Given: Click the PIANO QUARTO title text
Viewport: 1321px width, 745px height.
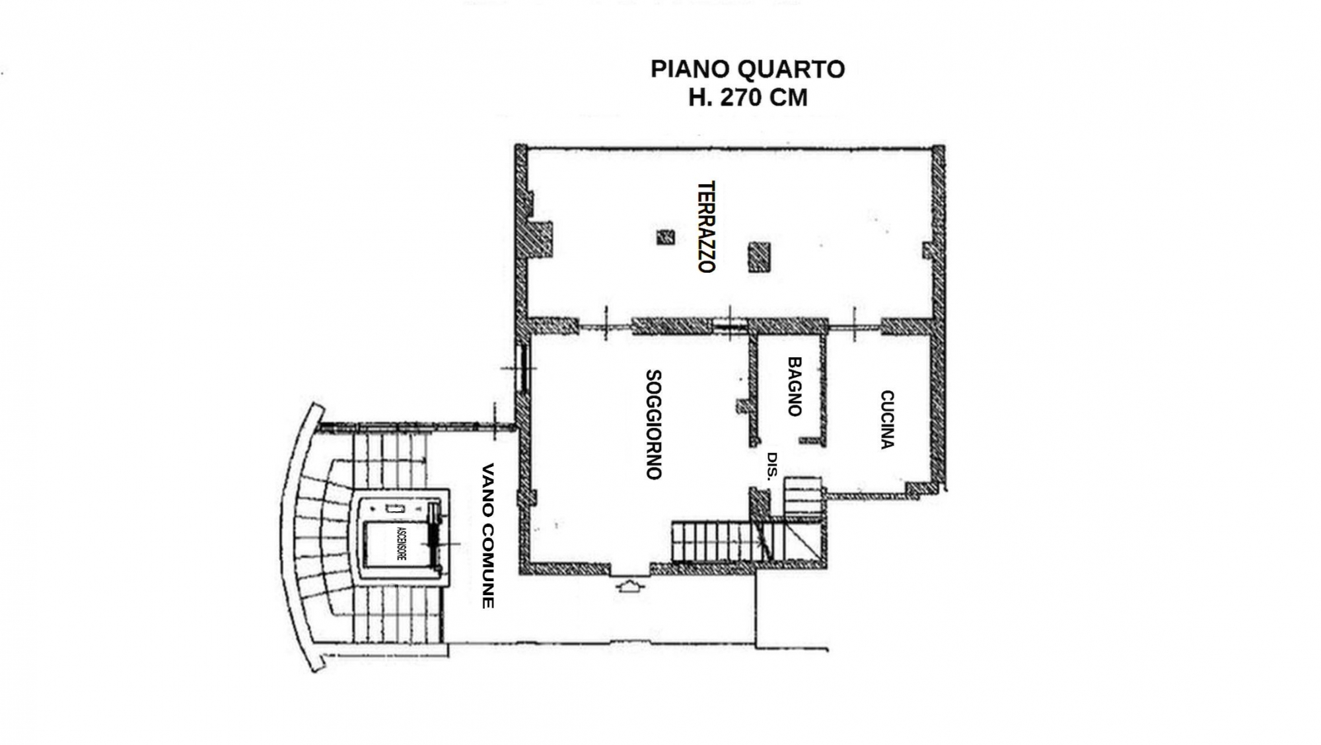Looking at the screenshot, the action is pyautogui.click(x=748, y=69).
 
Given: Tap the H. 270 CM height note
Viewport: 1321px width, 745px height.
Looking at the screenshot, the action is pyautogui.click(x=748, y=98).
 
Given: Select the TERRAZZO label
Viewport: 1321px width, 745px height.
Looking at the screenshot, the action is pyautogui.click(x=707, y=227).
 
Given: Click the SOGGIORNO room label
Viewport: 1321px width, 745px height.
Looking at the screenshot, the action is pyautogui.click(x=654, y=424).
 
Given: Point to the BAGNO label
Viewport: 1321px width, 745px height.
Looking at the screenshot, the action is pyautogui.click(x=795, y=386).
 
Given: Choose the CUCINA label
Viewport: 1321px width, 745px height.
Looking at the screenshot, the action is pyautogui.click(x=887, y=419).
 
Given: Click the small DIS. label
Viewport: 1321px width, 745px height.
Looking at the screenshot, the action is pyautogui.click(x=772, y=466).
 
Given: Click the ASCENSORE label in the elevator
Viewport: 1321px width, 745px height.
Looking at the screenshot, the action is pyautogui.click(x=401, y=543).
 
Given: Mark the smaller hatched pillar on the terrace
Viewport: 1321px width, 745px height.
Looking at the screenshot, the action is pyautogui.click(x=666, y=237).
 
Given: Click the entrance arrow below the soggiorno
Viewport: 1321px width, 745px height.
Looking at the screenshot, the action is pyautogui.click(x=628, y=586).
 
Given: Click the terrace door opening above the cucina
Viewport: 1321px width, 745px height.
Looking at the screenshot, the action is pyautogui.click(x=855, y=326).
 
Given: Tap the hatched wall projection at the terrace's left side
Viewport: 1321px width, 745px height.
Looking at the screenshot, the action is pyautogui.click(x=541, y=239).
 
